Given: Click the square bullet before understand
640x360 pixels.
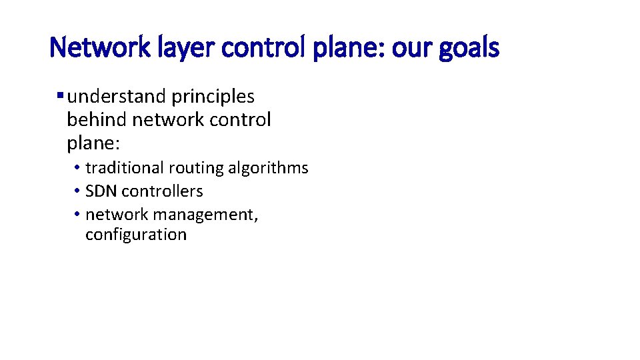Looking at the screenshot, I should click(x=61, y=96).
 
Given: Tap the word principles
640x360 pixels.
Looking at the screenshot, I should click(x=213, y=97).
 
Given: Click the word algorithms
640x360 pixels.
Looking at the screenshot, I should click(x=268, y=168).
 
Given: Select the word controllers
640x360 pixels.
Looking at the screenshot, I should click(x=162, y=191).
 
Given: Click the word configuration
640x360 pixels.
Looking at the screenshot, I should click(x=136, y=235).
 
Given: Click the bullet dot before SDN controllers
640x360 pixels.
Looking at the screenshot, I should click(x=77, y=191).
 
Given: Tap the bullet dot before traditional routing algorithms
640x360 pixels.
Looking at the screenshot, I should click(x=77, y=168).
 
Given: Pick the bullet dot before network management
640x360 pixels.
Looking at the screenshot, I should click(x=77, y=215).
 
